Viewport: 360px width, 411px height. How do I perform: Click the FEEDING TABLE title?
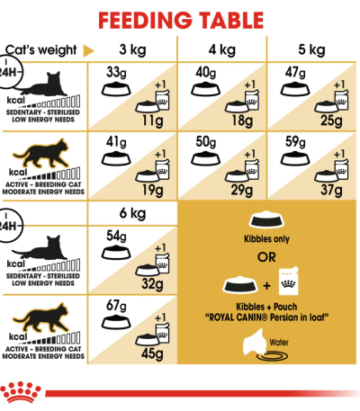tap(181, 21)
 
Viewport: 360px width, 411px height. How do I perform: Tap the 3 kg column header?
tap(132, 49)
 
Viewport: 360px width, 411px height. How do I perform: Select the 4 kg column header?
tap(222, 49)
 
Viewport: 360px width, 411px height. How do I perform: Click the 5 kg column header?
tap(311, 49)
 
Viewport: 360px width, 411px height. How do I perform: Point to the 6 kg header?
tap(132, 213)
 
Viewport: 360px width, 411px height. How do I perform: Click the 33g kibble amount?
tap(116, 73)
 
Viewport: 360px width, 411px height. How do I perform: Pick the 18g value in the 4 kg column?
tap(242, 121)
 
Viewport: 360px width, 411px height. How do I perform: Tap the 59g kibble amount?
tap(295, 142)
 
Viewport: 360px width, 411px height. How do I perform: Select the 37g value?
tap(331, 190)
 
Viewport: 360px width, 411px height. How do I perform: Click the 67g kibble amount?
tap(116, 306)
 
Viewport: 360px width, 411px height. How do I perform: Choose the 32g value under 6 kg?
tap(152, 284)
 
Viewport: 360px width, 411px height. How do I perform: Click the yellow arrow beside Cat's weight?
tap(88, 50)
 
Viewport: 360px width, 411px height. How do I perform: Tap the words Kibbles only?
tap(266, 239)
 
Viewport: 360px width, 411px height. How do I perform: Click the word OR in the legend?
tap(266, 257)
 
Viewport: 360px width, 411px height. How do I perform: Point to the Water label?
tap(279, 342)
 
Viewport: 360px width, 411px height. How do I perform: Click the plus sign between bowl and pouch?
tap(266, 286)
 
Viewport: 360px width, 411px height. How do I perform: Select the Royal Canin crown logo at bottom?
tap(21, 392)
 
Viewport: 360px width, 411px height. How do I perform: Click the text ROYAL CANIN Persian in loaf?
tap(266, 317)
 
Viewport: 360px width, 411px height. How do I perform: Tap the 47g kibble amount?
tap(295, 73)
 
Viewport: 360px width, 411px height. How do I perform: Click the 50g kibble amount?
tap(206, 142)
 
